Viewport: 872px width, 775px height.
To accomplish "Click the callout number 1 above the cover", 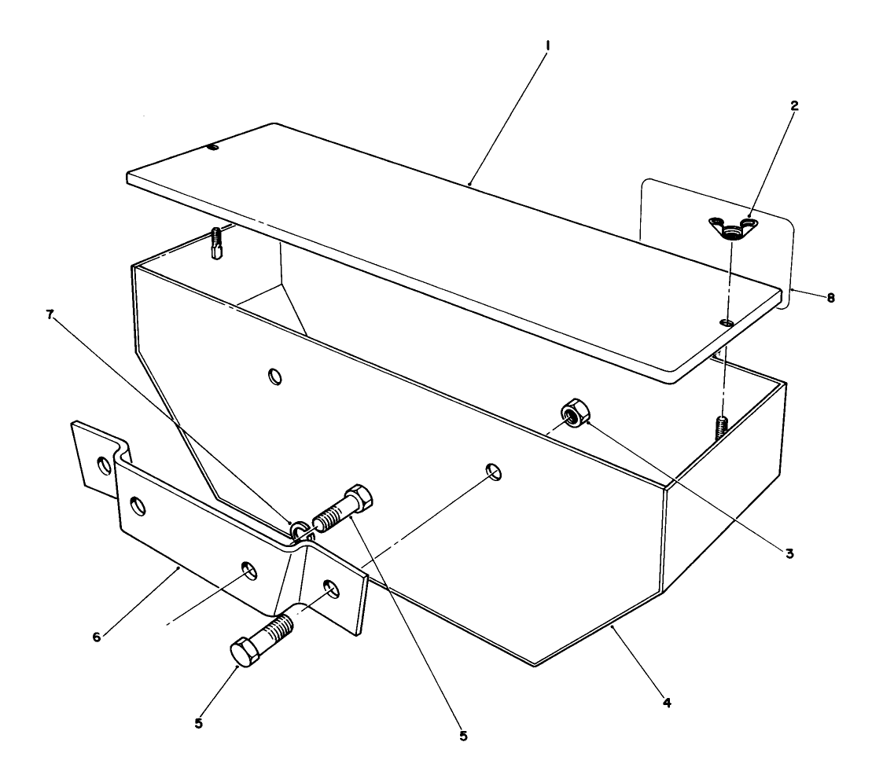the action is coord(548,45).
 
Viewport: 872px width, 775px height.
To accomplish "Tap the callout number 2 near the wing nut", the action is coord(794,105).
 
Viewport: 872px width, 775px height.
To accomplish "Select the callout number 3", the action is coord(789,553).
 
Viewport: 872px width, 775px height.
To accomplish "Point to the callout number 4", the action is coord(667,702).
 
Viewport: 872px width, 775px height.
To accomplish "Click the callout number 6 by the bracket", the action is coord(97,637).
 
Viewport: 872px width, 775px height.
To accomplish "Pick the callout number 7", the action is coord(50,315).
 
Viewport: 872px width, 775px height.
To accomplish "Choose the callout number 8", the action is coord(830,298).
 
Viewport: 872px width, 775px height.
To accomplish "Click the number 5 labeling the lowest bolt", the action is coord(198,723).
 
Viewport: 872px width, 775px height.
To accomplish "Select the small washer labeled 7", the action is coord(301,529).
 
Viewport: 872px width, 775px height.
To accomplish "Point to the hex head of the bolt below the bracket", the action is coord(245,652).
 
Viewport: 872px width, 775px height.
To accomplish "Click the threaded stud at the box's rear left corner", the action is coord(217,243).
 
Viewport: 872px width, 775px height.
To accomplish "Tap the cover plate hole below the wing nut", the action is coord(727,322).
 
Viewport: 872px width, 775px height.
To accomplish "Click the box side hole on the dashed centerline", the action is coord(494,471).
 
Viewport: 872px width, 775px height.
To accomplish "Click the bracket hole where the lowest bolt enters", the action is coord(330,589).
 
